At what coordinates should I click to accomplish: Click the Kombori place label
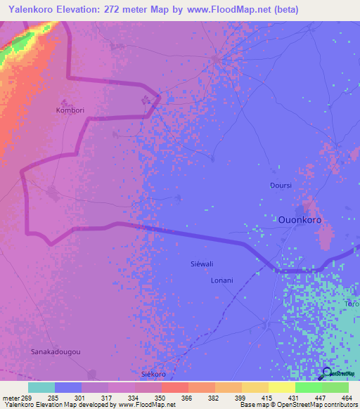point(70,110)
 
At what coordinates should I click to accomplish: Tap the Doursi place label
point(281,186)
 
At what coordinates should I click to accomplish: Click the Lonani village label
point(221,280)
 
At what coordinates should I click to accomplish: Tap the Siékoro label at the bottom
point(154,375)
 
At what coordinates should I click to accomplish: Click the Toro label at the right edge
point(352,304)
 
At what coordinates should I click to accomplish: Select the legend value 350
point(161,397)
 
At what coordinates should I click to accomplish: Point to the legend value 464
point(347,397)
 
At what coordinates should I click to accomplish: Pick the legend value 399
point(240,397)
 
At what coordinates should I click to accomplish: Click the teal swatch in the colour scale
point(41,387)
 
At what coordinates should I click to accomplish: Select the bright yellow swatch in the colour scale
point(282,387)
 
